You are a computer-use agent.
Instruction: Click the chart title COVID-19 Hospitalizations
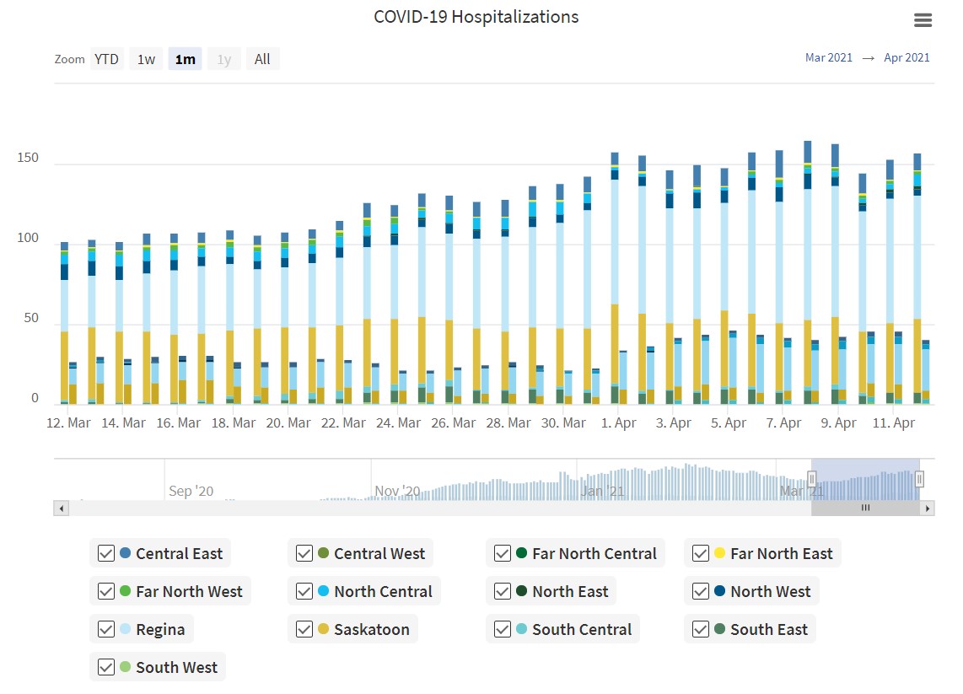pyautogui.click(x=476, y=17)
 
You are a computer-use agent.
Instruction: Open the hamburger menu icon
pyautogui.click(x=923, y=20)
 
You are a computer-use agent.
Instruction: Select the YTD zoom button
pyautogui.click(x=106, y=59)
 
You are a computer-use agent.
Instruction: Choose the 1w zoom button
pyautogui.click(x=146, y=59)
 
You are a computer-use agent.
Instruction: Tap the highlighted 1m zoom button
pyautogui.click(x=185, y=59)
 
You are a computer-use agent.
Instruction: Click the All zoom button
pyautogui.click(x=262, y=59)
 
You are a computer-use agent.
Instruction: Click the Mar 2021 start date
pyautogui.click(x=829, y=57)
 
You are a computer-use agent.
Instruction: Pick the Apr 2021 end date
pyautogui.click(x=907, y=57)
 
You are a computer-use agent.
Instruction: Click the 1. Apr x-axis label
pyautogui.click(x=619, y=423)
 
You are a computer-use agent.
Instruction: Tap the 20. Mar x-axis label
pyautogui.click(x=288, y=423)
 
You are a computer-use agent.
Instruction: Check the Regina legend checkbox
pyautogui.click(x=106, y=629)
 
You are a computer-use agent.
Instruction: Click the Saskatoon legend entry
pyautogui.click(x=371, y=629)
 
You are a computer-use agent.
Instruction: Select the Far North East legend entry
pyautogui.click(x=781, y=553)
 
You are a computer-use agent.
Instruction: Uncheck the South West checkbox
pyautogui.click(x=106, y=667)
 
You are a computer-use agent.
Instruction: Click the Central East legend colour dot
pyautogui.click(x=126, y=553)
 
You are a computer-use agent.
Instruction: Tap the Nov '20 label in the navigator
pyautogui.click(x=397, y=491)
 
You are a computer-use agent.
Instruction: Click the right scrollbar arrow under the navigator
pyautogui.click(x=928, y=508)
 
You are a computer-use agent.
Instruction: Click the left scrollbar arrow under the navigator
pyautogui.click(x=61, y=508)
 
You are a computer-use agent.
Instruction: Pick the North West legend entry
pyautogui.click(x=770, y=591)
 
